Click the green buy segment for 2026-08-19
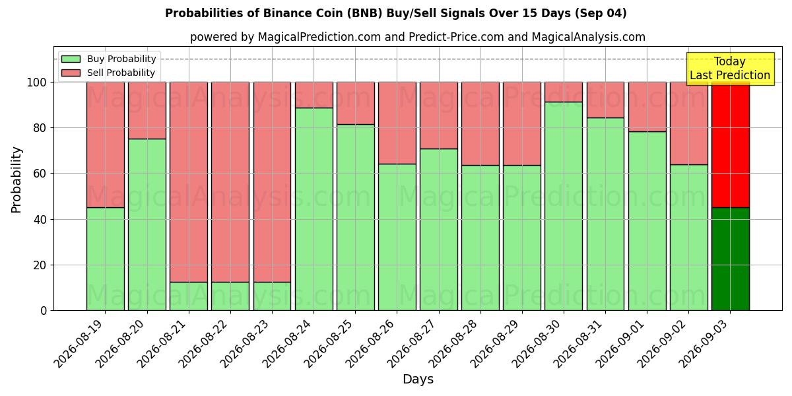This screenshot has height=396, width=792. pyautogui.click(x=106, y=259)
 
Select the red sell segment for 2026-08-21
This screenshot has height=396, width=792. pyautogui.click(x=189, y=182)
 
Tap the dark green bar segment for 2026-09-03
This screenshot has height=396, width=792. pyautogui.click(x=731, y=259)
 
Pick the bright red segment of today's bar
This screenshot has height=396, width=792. pyautogui.click(x=731, y=145)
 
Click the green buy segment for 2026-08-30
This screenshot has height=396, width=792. pyautogui.click(x=564, y=206)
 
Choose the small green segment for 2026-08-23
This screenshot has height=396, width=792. pyautogui.click(x=272, y=296)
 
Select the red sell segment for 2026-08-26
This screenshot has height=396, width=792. pyautogui.click(x=397, y=123)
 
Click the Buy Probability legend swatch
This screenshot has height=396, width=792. pyautogui.click(x=71, y=59)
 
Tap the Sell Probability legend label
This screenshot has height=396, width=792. pyautogui.click(x=121, y=73)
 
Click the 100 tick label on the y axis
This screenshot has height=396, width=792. pyautogui.click(x=37, y=82)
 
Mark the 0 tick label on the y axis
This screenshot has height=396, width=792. pyautogui.click(x=44, y=311)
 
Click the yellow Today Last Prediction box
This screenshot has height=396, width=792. pyautogui.click(x=730, y=69)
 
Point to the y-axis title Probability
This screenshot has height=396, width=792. pyautogui.click(x=16, y=180)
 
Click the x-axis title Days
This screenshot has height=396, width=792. pyautogui.click(x=418, y=379)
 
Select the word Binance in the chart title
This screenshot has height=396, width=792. pyautogui.click(x=286, y=13)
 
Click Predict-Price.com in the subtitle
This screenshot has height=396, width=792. pyautogui.click(x=456, y=37)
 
